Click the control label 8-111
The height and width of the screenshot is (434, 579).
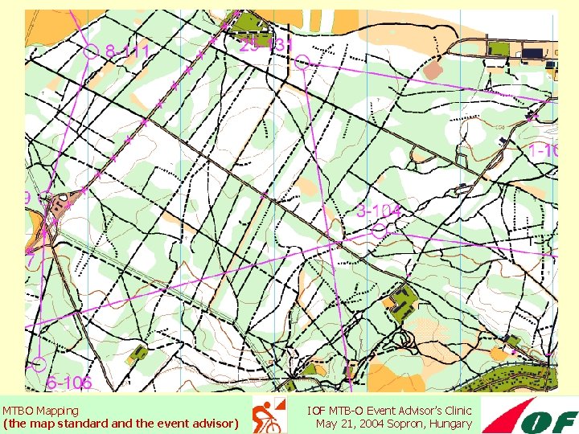coord(128,51)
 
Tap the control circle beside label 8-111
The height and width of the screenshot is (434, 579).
coord(90,51)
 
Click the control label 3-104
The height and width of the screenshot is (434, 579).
coord(378,211)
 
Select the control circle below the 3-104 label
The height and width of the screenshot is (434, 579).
coord(380,230)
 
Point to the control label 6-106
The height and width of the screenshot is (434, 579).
coord(69,383)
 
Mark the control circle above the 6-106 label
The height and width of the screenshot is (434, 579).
coord(39,363)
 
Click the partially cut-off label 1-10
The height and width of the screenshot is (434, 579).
coord(543,150)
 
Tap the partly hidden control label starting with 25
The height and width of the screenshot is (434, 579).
coord(264,45)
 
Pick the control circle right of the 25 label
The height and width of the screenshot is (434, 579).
coord(302,62)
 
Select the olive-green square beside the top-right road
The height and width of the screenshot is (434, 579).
coord(499,49)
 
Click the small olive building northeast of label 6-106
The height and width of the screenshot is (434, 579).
coord(138,352)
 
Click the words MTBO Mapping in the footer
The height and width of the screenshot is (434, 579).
coord(40,411)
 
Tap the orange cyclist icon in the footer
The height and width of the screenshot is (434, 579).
coord(269,416)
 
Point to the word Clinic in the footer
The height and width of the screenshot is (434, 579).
coord(454,411)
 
